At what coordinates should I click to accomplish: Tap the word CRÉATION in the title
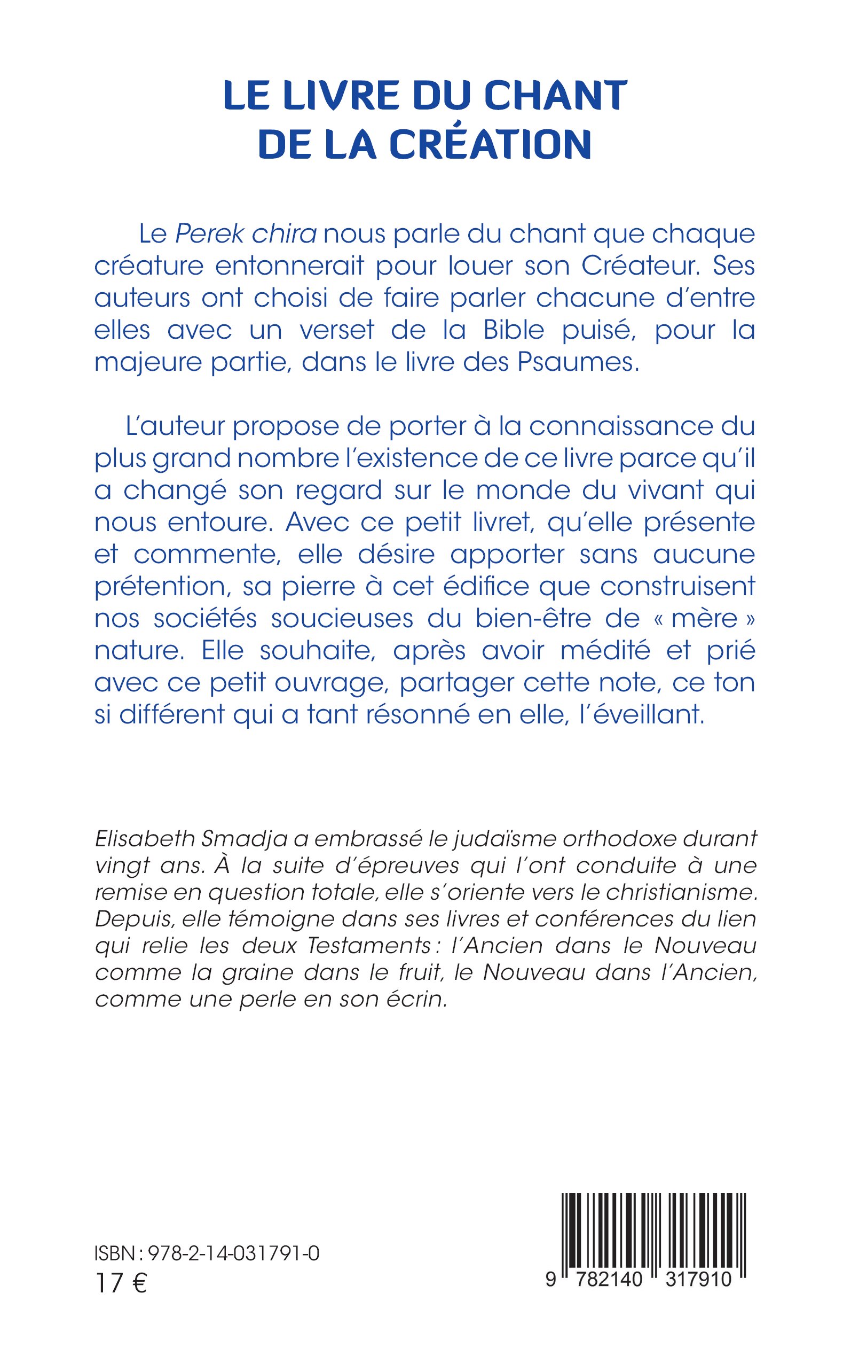click(x=490, y=144)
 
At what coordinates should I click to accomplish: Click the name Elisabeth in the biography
click(x=141, y=839)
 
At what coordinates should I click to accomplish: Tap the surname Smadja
click(x=241, y=839)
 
